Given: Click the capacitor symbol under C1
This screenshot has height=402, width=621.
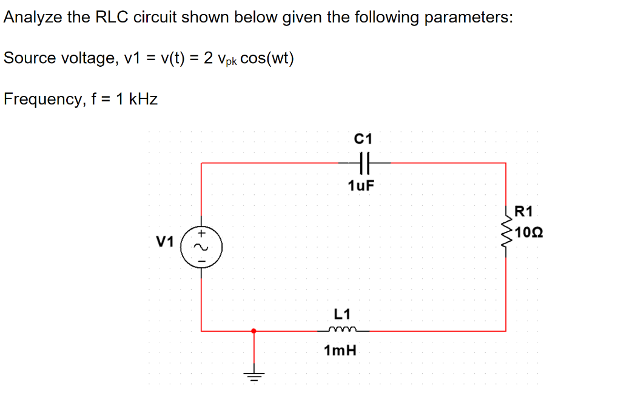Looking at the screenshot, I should tap(364, 163).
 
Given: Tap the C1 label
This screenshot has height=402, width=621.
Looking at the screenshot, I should tap(363, 138).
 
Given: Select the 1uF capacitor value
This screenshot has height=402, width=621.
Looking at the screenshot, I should tap(361, 185).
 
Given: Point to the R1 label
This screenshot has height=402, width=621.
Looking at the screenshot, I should tap(523, 212).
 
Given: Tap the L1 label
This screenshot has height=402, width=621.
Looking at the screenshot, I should tap(342, 313).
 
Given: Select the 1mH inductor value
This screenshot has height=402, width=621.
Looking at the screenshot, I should tap(340, 351).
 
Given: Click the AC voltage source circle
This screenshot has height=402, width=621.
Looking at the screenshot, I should tap(201, 247).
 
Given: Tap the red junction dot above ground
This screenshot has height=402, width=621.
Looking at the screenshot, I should tap(254, 331).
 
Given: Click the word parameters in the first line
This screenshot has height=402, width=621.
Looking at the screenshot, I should tap(468, 17).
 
